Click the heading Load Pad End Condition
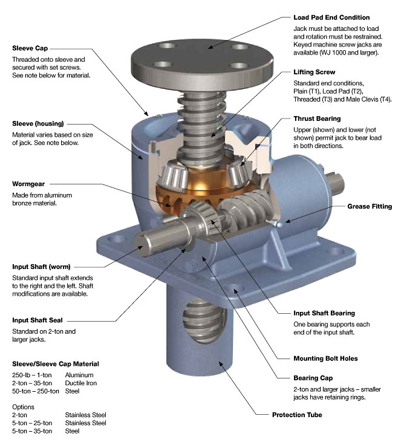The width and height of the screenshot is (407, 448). pyautogui.click(x=331, y=18)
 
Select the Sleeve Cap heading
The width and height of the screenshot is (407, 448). pyautogui.click(x=30, y=48)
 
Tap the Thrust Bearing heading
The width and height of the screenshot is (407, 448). pyautogui.click(x=317, y=119)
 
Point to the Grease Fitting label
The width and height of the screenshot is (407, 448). pyautogui.click(x=370, y=207)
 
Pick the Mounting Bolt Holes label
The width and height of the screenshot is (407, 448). pyautogui.click(x=325, y=359)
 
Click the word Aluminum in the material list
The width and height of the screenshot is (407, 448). pyautogui.click(x=79, y=375)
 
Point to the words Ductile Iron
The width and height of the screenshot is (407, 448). pyautogui.click(x=82, y=383)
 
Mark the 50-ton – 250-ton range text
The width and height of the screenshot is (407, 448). pyautogui.click(x=35, y=391)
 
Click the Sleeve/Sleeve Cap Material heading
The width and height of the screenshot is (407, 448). pyautogui.click(x=55, y=365)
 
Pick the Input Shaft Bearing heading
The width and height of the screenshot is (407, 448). pyautogui.click(x=324, y=313)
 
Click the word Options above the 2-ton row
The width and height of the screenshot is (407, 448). pyautogui.click(x=23, y=407)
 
